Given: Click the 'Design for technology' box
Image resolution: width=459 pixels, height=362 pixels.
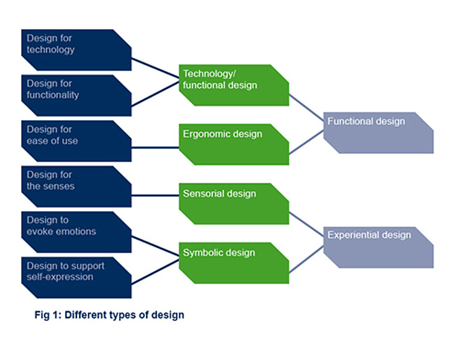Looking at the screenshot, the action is point(77,50).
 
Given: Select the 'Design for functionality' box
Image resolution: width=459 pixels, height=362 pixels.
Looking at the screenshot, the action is point(77,95).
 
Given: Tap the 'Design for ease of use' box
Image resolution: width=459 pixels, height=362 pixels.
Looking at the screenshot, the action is point(77,141).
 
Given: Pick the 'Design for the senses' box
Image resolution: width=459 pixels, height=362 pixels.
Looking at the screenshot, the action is point(77,186).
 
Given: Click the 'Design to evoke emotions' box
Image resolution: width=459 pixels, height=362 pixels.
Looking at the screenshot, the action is point(77,232).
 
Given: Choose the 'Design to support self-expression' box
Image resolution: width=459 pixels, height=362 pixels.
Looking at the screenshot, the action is point(77,278).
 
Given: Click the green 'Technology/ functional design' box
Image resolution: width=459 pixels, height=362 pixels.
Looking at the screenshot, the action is point(234,85).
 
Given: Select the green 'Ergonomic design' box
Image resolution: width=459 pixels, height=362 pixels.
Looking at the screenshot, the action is point(234,144).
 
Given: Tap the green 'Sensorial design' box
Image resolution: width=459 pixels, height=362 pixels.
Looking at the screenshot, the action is point(234,204).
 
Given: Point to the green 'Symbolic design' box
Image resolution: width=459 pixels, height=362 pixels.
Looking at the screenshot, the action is point(234,263).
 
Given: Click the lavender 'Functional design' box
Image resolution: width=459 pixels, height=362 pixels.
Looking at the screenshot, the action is point(379,133).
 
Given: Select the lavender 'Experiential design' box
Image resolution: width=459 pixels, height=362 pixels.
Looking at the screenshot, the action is point(379,247).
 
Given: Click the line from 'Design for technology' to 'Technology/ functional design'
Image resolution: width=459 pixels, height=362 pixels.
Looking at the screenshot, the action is point(155,68).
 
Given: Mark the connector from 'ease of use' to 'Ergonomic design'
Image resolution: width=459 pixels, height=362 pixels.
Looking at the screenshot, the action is point(155,147).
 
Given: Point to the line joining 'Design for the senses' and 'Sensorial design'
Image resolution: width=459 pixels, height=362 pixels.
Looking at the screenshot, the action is point(155,195).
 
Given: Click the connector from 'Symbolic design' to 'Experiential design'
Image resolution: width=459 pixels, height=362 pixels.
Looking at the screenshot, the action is point(306,259).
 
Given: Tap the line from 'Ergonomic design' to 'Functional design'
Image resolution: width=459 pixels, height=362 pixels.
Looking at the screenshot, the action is point(306,142).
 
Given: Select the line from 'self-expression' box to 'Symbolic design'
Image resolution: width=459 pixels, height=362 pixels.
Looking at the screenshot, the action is point(155,271).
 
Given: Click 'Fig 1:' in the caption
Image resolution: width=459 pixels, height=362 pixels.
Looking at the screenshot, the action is point(48,315).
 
